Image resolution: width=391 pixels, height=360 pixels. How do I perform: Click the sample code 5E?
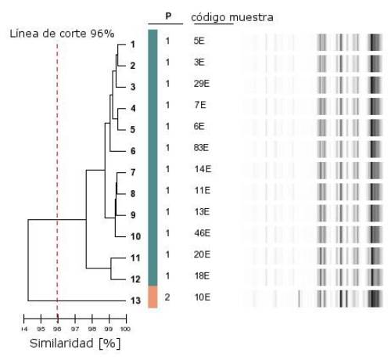pyautogui.click(x=199, y=40)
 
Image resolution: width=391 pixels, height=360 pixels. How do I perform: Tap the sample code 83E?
pyautogui.click(x=202, y=147)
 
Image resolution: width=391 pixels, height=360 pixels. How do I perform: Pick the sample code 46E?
pyautogui.click(x=202, y=232)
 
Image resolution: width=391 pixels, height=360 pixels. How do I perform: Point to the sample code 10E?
pyautogui.click(x=202, y=297)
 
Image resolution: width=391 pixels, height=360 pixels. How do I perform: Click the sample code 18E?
pyautogui.click(x=202, y=275)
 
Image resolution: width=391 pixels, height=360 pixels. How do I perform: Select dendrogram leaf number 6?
pyautogui.click(x=133, y=151)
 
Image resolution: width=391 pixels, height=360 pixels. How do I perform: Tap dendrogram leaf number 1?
pyautogui.click(x=132, y=45)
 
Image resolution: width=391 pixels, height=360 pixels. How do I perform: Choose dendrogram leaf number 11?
pyautogui.click(x=135, y=257)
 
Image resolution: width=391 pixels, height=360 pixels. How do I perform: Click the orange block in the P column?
pyautogui.click(x=152, y=297)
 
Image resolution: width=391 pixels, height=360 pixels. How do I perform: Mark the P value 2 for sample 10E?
pyautogui.click(x=167, y=297)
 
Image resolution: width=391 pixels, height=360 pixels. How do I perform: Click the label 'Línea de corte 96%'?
pyautogui.click(x=62, y=34)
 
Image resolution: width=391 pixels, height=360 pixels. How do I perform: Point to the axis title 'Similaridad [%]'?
pyautogui.click(x=74, y=343)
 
